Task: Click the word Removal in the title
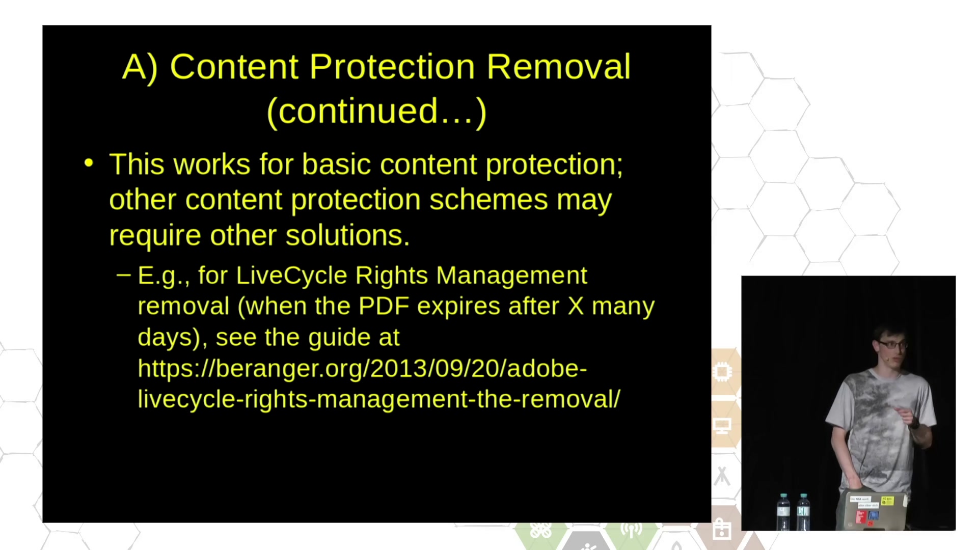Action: [558, 67]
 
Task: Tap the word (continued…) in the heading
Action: [377, 112]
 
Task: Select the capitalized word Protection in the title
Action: [392, 67]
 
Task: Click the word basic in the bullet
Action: [336, 164]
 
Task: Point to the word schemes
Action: [488, 199]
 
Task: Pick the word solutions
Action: [347, 235]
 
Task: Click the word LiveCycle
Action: [291, 276]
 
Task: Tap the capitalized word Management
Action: [511, 276]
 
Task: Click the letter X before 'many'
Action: [576, 307]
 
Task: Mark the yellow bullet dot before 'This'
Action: [89, 163]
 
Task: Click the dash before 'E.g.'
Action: [123, 276]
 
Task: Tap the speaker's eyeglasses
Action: [893, 345]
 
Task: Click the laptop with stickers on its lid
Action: [871, 511]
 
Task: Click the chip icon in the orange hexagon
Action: [722, 372]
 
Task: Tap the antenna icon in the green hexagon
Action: [632, 530]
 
